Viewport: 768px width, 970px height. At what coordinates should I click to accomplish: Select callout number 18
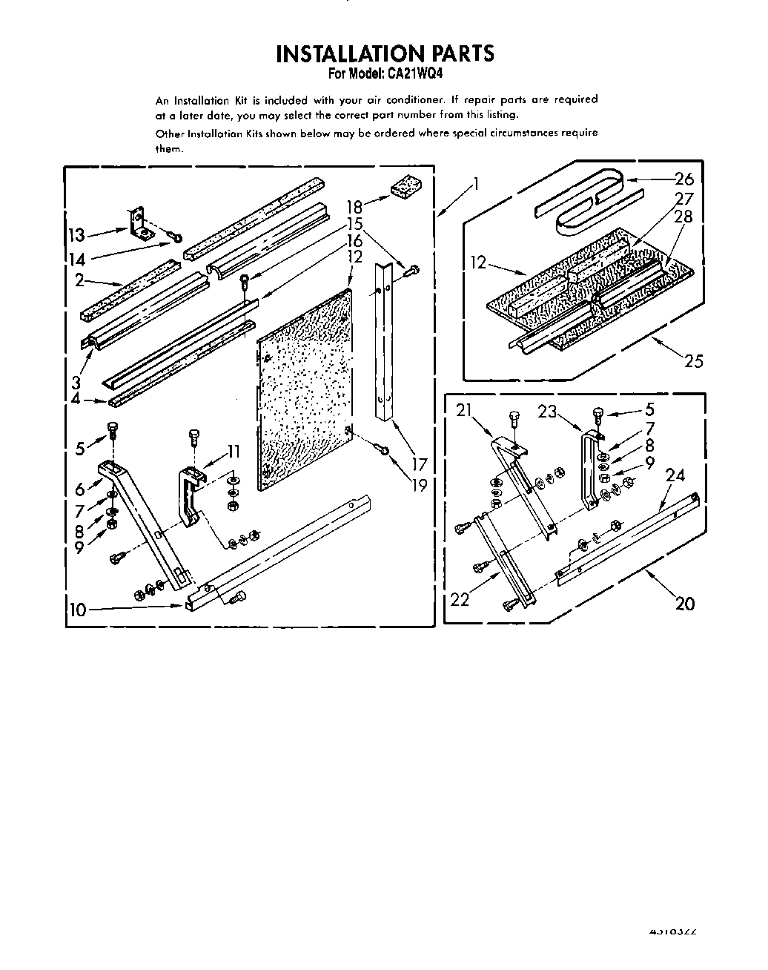coord(354,207)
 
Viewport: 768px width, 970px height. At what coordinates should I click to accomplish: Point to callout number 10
coord(77,610)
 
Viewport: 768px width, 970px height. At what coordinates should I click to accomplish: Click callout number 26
coord(683,178)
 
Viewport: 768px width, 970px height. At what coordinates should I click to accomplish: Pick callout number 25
coord(694,361)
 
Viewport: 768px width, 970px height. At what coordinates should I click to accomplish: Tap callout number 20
coord(685,604)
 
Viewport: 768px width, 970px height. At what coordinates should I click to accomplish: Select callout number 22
coord(460,599)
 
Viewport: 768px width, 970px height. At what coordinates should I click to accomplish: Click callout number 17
coord(420,465)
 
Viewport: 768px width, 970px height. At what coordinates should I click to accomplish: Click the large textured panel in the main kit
coord(304,389)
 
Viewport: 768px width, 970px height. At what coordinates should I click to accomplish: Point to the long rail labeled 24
coord(630,534)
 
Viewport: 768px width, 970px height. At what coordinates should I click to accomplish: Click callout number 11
coord(234,450)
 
